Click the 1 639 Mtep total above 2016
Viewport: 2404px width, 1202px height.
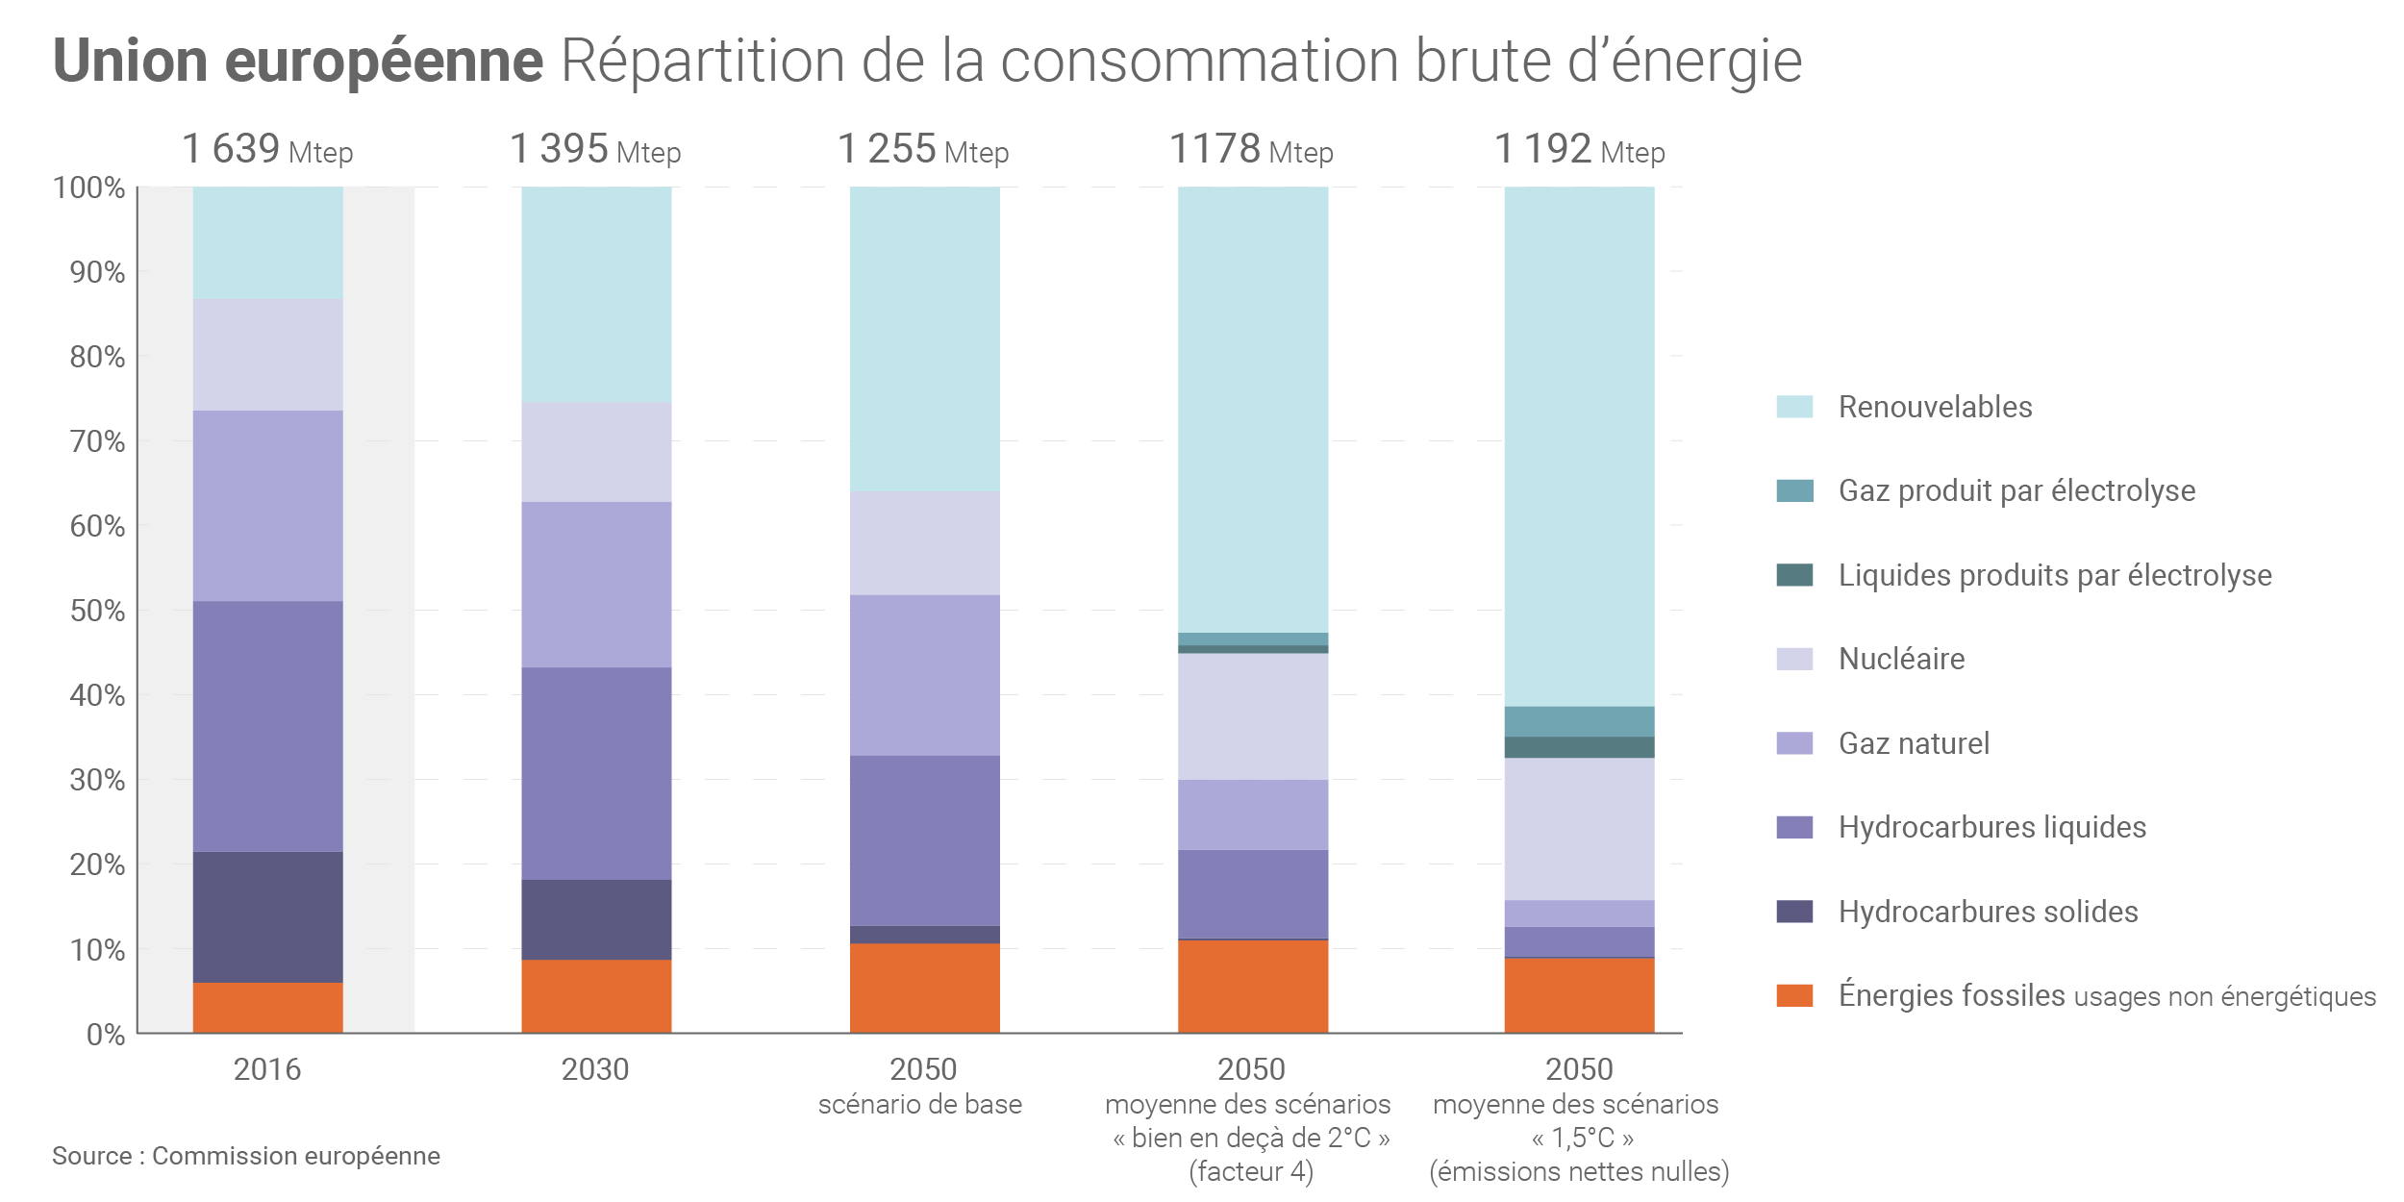[x=267, y=150]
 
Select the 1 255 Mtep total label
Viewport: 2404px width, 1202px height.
[x=923, y=150]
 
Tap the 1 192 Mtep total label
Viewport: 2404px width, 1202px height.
[x=1579, y=150]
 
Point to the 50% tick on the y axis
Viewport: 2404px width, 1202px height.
[x=97, y=612]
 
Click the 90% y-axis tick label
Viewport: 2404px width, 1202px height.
[x=97, y=273]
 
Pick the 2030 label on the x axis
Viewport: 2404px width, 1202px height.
[x=595, y=1069]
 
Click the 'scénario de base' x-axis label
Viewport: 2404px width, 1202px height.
[x=920, y=1104]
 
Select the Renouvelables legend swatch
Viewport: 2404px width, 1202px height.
[x=1794, y=407]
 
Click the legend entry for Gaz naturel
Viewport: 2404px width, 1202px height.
[x=1914, y=743]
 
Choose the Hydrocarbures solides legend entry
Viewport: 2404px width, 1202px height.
[x=1988, y=912]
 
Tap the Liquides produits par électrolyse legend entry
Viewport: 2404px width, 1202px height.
[x=2055, y=575]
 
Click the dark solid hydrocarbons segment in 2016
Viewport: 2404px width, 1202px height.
[x=267, y=916]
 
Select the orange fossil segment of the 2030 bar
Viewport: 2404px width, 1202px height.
[x=596, y=996]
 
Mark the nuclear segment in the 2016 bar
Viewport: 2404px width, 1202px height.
[x=267, y=355]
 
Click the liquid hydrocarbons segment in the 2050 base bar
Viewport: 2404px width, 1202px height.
[x=924, y=840]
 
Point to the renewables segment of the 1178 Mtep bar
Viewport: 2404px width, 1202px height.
[x=1252, y=409]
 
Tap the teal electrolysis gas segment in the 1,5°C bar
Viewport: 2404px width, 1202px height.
[x=1579, y=721]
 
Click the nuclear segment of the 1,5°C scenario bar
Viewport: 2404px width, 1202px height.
[x=1579, y=829]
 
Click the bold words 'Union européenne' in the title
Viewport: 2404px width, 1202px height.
[x=298, y=61]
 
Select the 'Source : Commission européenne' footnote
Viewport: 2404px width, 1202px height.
[x=246, y=1156]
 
